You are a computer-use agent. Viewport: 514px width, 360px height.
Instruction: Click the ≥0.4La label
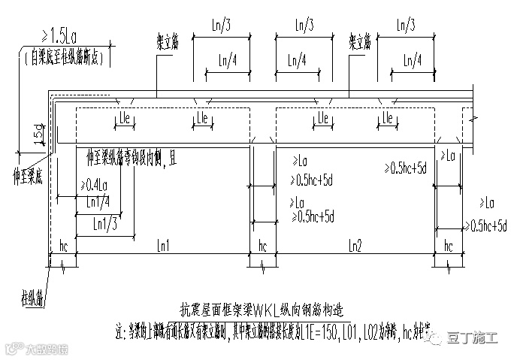coord(95,184)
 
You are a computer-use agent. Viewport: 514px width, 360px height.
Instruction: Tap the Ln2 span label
coord(354,245)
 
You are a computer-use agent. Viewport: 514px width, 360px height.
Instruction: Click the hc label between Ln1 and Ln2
coord(262,245)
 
